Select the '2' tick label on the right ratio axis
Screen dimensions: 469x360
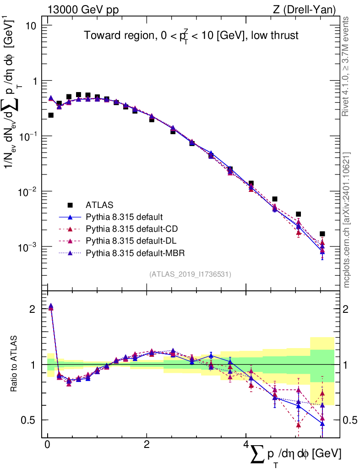click(349, 309)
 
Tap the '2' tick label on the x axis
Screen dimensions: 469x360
click(147, 445)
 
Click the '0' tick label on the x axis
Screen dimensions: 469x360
click(47, 445)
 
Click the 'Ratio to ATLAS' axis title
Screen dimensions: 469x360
click(15, 365)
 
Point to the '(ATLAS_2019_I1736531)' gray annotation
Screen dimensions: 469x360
click(190, 274)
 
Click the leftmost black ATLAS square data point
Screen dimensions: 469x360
click(51, 115)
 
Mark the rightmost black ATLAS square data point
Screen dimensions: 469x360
click(322, 234)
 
